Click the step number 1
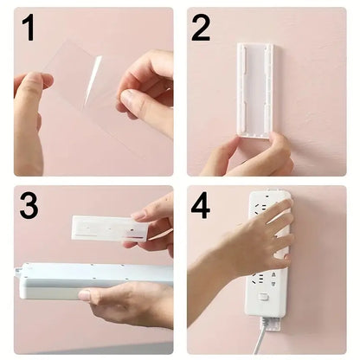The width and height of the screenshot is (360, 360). pyautogui.click(x=29, y=29)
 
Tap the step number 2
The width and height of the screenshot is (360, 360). pyautogui.click(x=201, y=29)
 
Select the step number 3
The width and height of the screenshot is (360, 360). pyautogui.click(x=29, y=208)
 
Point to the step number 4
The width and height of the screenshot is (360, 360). pyautogui.click(x=201, y=208)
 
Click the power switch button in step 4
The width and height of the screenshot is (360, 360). pyautogui.click(x=262, y=298)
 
